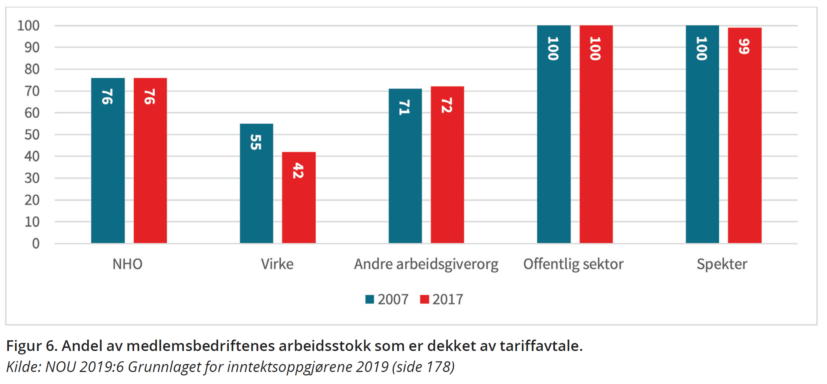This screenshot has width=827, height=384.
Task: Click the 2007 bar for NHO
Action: pyautogui.click(x=108, y=161)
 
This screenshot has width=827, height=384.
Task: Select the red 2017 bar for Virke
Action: pyautogui.click(x=299, y=197)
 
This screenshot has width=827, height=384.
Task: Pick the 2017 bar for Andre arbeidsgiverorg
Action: pyautogui.click(x=447, y=165)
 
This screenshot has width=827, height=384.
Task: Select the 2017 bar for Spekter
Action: pyautogui.click(x=744, y=135)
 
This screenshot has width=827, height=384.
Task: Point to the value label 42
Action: pyautogui.click(x=298, y=171)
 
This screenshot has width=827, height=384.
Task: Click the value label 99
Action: pyautogui.click(x=744, y=46)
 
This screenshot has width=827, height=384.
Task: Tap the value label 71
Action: pyautogui.click(x=404, y=107)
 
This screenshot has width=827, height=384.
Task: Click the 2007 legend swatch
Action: pyautogui.click(x=369, y=299)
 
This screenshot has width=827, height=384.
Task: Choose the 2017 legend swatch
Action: pyautogui.click(x=424, y=299)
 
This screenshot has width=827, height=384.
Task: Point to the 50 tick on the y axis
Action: pyautogui.click(x=32, y=135)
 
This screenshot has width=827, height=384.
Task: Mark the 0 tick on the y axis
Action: pyautogui.click(x=36, y=244)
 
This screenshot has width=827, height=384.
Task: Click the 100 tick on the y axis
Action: pyautogui.click(x=28, y=26)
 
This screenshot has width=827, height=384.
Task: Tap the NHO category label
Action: pyautogui.click(x=127, y=264)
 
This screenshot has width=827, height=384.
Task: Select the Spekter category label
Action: pyautogui.click(x=722, y=264)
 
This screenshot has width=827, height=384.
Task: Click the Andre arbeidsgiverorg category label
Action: pyautogui.click(x=426, y=264)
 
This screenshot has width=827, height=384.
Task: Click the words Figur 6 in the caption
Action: pyautogui.click(x=32, y=346)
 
